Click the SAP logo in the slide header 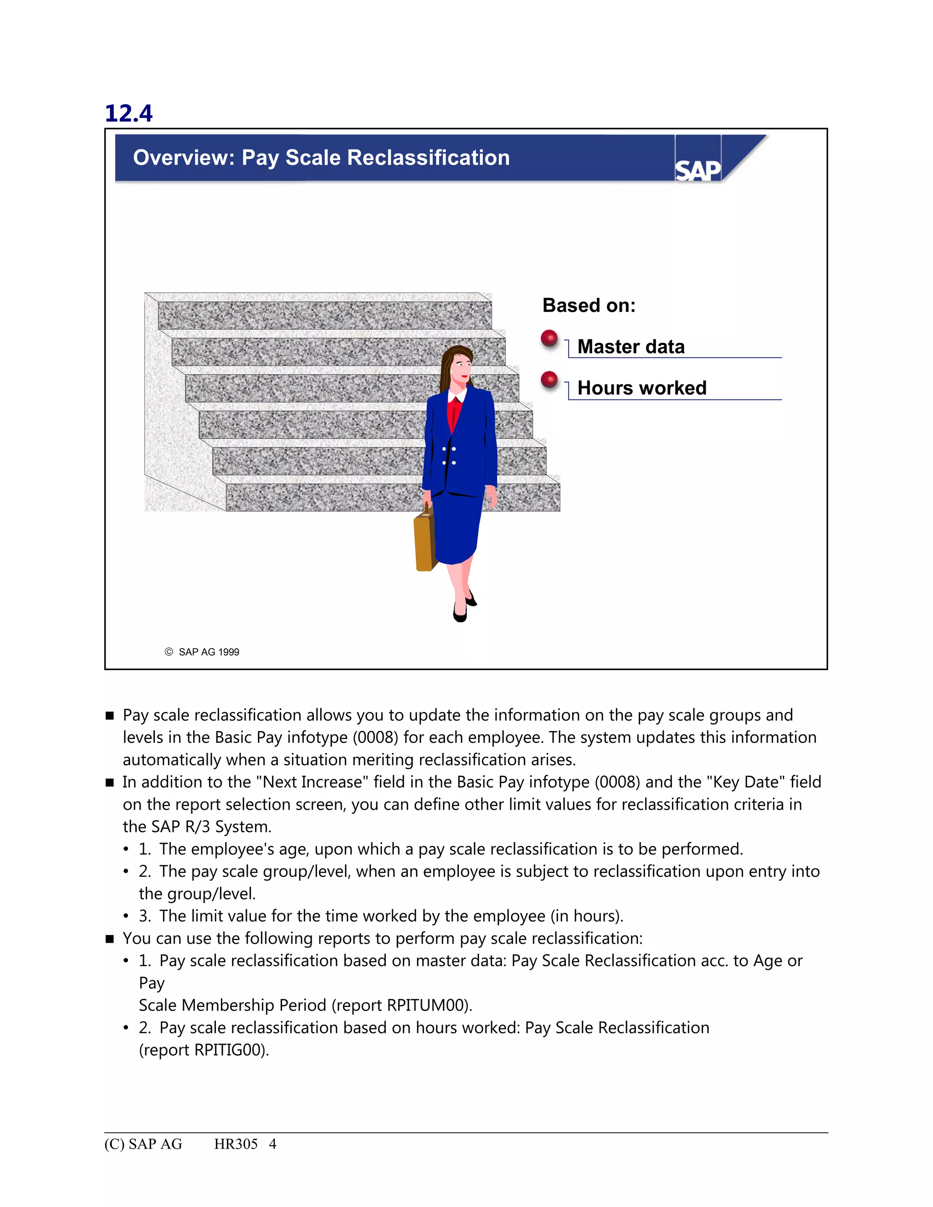click(697, 170)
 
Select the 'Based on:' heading click(589, 305)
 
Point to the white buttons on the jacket click(449, 456)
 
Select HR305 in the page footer click(236, 1144)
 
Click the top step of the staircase click(324, 316)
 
